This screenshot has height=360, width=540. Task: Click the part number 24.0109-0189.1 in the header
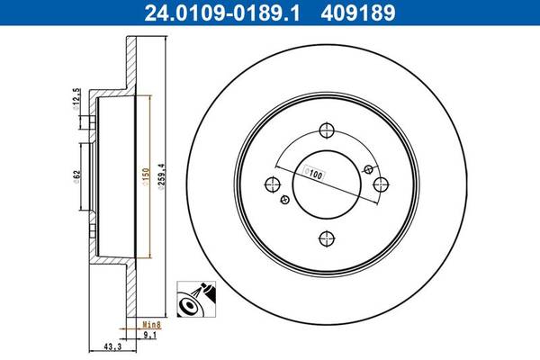(222, 13)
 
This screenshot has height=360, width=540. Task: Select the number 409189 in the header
(358, 13)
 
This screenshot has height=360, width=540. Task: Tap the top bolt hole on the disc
(327, 130)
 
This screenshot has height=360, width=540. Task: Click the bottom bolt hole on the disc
(327, 238)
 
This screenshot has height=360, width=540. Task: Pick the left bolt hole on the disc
(273, 184)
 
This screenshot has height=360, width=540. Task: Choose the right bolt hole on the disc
(381, 184)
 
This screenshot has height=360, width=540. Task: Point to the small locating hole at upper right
(368, 169)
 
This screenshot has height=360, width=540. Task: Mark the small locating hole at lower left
(285, 200)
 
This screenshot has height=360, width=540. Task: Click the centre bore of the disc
(327, 184)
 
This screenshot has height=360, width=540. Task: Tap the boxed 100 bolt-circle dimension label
(313, 174)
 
